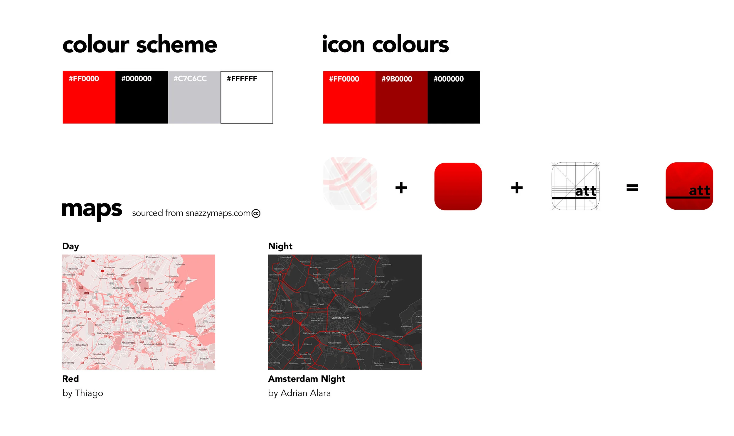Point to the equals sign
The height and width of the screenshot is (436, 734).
tap(632, 187)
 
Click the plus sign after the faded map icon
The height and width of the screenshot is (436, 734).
tap(401, 187)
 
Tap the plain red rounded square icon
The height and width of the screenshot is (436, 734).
tap(458, 186)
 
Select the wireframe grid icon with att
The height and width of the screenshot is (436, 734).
tap(575, 186)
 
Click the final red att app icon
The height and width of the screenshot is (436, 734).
tap(689, 186)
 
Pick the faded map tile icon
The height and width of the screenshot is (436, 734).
tap(350, 184)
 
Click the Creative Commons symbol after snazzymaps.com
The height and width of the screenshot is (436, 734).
tap(256, 213)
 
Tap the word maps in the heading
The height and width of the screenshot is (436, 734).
tap(92, 210)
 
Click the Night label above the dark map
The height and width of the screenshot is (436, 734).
tap(280, 246)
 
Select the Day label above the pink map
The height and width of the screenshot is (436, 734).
tap(70, 246)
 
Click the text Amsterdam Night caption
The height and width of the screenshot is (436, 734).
tap(306, 379)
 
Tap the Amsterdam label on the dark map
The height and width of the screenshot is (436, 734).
tap(340, 318)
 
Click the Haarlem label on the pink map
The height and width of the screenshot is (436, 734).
tap(70, 311)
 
